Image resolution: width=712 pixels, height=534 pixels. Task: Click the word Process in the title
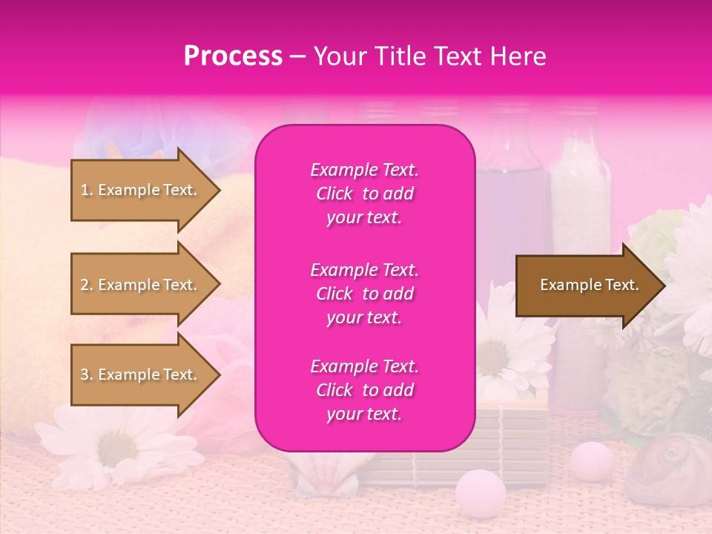(x=233, y=56)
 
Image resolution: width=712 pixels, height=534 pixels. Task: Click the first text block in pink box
(x=364, y=194)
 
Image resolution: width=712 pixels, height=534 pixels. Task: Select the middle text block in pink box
(x=364, y=294)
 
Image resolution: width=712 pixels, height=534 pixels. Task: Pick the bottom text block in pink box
(x=364, y=390)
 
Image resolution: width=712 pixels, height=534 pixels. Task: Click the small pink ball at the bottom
(x=480, y=490)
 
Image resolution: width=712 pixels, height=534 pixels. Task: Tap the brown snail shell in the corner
(x=666, y=467)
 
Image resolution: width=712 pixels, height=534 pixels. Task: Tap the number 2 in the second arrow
(x=85, y=285)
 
